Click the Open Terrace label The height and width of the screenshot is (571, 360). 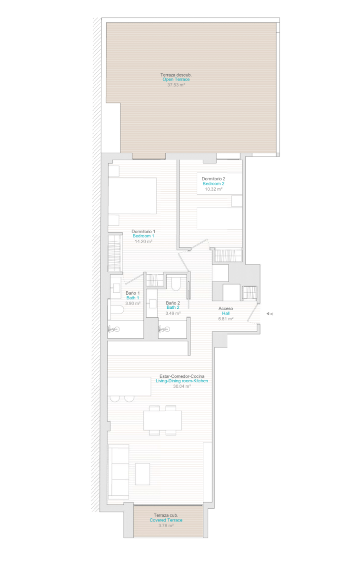point(176,79)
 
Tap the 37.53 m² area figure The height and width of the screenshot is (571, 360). point(176,85)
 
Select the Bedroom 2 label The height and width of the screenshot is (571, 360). point(213,184)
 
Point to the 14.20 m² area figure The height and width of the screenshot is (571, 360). point(143,241)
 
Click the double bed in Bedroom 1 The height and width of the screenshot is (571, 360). point(132,196)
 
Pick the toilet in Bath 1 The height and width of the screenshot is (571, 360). point(116,309)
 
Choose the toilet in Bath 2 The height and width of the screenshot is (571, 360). point(176,284)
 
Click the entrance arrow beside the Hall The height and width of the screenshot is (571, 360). point(270,314)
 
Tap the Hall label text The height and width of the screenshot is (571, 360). point(226,313)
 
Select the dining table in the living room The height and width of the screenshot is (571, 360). point(162,420)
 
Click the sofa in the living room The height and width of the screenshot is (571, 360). point(119,472)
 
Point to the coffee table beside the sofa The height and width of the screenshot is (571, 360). point(142,474)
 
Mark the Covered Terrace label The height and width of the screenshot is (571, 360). point(166,520)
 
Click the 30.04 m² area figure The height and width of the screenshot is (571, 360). point(182,386)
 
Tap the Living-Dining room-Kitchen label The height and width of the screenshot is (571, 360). point(181,381)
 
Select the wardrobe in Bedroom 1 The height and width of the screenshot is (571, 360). point(114,253)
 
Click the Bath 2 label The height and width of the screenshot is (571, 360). point(173,307)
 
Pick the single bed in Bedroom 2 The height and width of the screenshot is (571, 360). point(220,218)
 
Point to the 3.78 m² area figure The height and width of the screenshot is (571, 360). point(166,526)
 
